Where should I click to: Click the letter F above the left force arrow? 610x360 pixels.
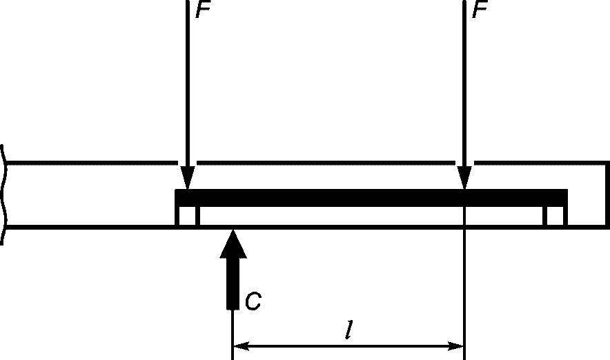coord(203,10)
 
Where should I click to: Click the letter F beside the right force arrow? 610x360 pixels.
coord(480,10)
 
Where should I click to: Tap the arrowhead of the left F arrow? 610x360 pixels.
coord(188,178)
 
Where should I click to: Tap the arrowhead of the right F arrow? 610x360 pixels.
coord(464,178)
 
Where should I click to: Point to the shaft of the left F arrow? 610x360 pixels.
coord(188,83)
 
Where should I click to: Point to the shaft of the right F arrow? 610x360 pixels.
coord(464,83)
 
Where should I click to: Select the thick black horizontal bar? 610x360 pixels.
coord(371,198)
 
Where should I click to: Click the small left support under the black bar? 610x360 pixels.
coord(188,216)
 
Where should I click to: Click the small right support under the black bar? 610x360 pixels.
coord(555,216)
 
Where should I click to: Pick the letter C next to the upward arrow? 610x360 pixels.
coord(253,301)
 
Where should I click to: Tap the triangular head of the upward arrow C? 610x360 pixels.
coord(233,243)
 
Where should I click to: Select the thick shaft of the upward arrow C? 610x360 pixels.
coord(233,283)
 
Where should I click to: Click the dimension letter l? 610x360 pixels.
coord(349,330)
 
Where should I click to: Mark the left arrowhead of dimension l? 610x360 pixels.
coord(242,346)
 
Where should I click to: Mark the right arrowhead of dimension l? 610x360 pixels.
coord(455,346)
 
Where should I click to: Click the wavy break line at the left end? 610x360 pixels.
coord(4,194)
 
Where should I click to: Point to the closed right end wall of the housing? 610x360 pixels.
coord(607,194)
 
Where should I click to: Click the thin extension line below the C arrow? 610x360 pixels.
coord(233,334)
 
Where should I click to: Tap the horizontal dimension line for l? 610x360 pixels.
coord(348,346)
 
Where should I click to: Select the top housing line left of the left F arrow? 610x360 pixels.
coord(92,163)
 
